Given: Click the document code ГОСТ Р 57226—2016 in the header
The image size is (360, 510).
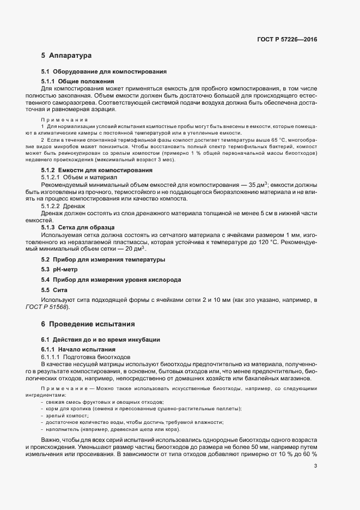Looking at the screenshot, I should coord(286,40).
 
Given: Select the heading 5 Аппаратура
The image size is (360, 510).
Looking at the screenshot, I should coord(66,56).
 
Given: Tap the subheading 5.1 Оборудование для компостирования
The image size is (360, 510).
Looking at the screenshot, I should coord(103,72).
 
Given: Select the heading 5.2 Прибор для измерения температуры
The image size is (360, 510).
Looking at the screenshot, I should coord(103,259).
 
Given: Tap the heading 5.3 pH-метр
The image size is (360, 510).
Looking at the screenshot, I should coord(61,270).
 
